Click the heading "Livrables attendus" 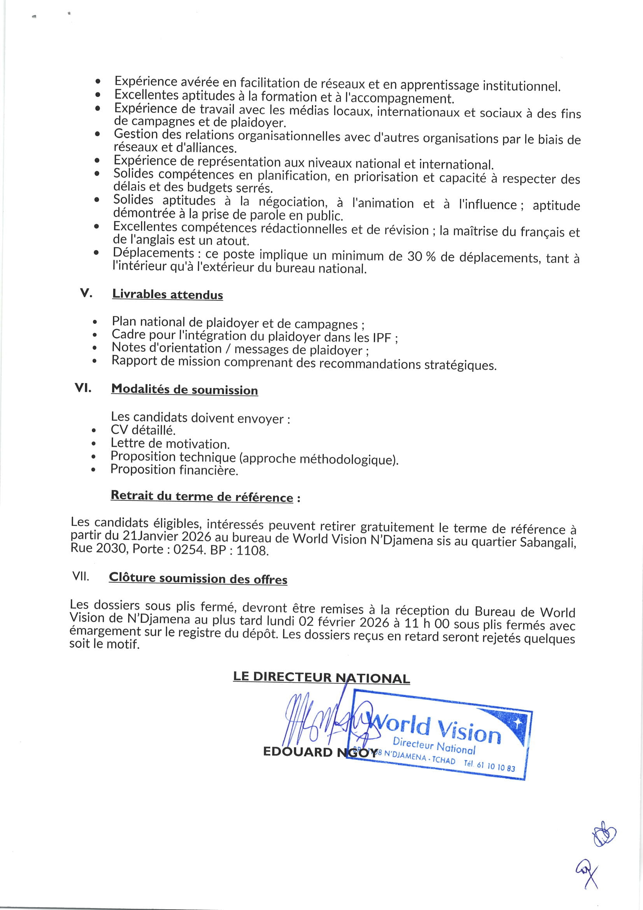(x=167, y=294)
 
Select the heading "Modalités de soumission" (x=184, y=389)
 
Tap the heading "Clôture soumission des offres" (x=198, y=578)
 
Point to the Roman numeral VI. (x=83, y=388)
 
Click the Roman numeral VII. (x=81, y=576)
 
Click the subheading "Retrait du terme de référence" (x=202, y=496)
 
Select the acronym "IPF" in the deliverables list (x=382, y=338)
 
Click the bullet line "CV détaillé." (x=143, y=430)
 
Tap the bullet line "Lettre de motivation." (x=170, y=443)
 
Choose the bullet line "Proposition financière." (x=174, y=470)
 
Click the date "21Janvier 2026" (x=167, y=537)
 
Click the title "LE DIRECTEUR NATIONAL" (x=321, y=677)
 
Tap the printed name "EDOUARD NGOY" (x=320, y=752)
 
